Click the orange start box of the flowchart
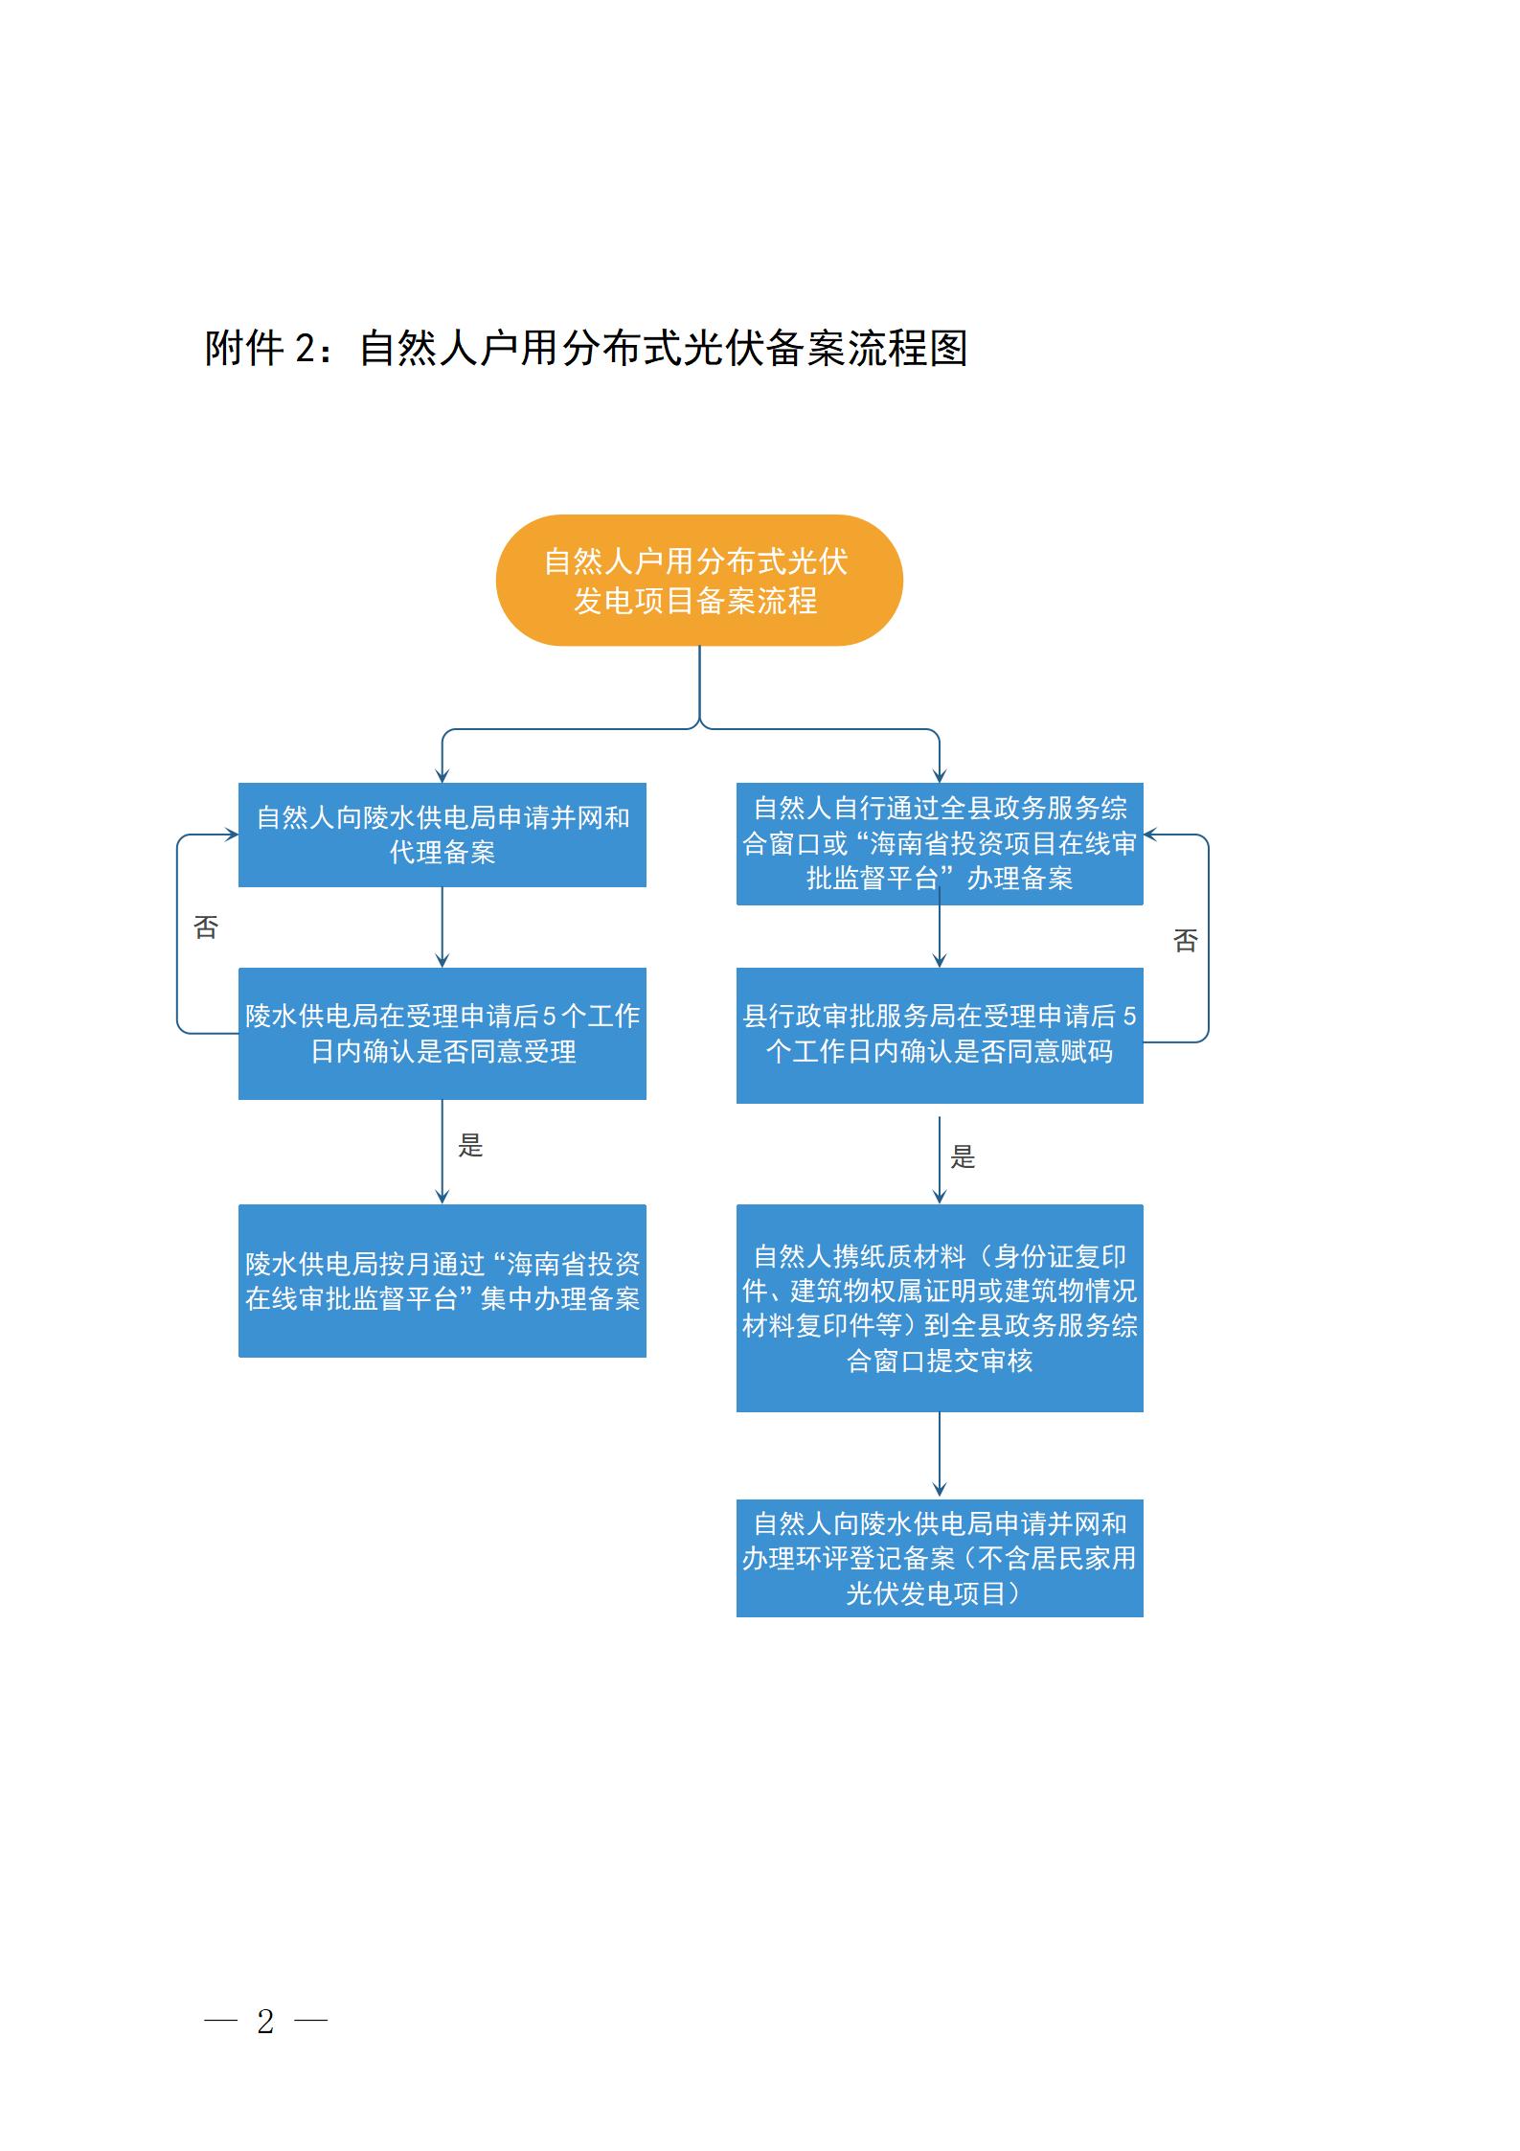pos(698,580)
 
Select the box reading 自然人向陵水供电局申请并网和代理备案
pos(442,835)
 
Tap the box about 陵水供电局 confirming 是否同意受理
pos(442,1033)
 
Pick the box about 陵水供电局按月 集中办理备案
pos(442,1280)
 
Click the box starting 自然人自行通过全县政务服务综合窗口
pos(939,843)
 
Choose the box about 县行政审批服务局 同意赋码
pos(939,1035)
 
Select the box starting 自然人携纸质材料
pos(939,1307)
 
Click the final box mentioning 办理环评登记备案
pos(939,1558)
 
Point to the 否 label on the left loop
pos(206,927)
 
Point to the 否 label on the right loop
pos(1185,941)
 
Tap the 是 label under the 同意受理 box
pos(470,1145)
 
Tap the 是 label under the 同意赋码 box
pos(963,1157)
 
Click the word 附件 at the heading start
pos(243,348)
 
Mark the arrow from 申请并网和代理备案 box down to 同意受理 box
pos(442,927)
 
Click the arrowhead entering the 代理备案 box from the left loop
pos(231,835)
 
